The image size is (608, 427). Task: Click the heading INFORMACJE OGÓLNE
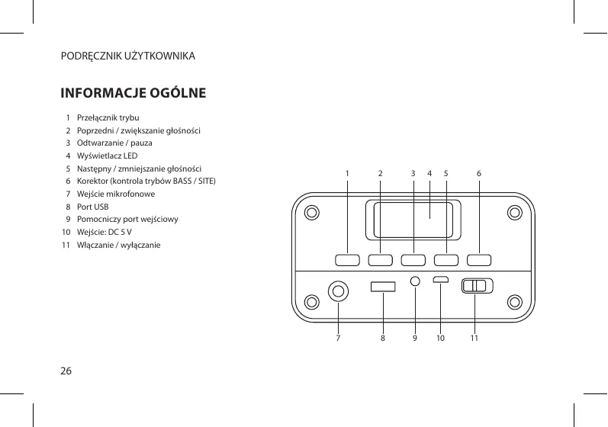pos(133,94)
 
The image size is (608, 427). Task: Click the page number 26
pos(66,371)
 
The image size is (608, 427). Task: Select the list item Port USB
pos(92,207)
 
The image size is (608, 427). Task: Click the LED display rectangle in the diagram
pos(412,220)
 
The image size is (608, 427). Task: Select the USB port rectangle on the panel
pos(383,286)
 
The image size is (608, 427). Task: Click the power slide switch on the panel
pos(478,286)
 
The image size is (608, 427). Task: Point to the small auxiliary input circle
pos(414,281)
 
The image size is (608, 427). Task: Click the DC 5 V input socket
pos(441,279)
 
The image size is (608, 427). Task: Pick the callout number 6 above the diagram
pos(478,173)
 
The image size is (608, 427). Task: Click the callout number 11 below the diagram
pos(474,335)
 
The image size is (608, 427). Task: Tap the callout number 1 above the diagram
pos(346,173)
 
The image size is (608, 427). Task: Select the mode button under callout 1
pos(347,259)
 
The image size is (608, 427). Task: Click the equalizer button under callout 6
pos(478,259)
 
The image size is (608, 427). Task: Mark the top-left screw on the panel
pos(310,213)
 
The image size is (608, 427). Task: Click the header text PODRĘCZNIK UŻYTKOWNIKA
pos(128,57)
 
